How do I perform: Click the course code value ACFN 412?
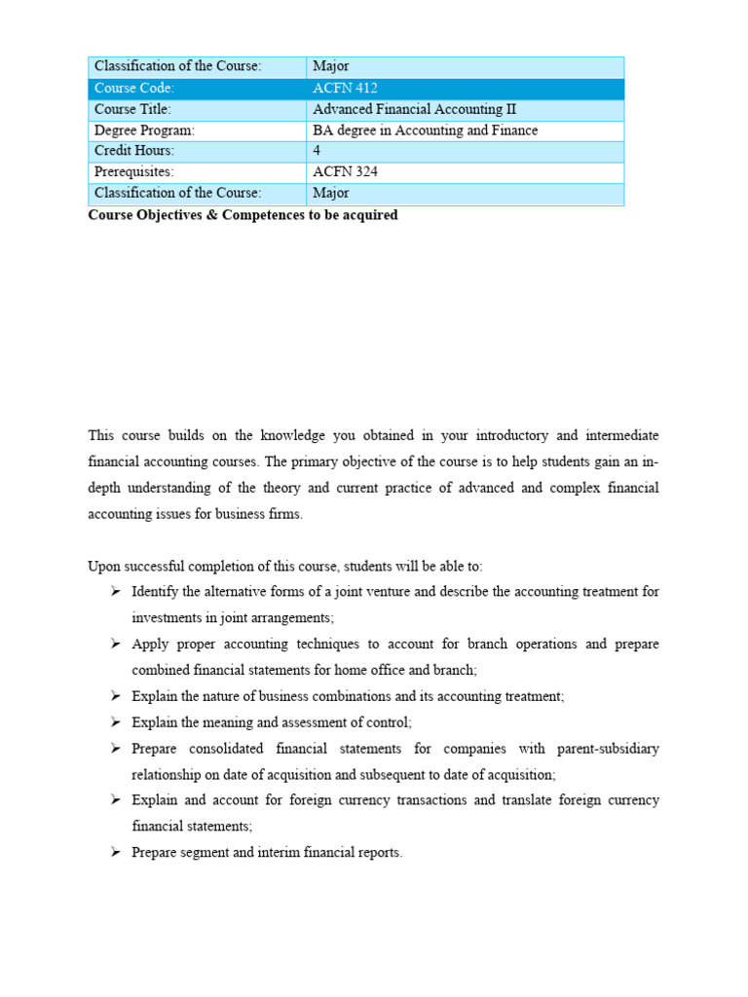pos(345,89)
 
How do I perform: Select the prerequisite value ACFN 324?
pos(345,172)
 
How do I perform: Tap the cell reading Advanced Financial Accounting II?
pos(408,109)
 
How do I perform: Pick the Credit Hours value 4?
pos(317,151)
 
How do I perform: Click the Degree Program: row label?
pos(144,130)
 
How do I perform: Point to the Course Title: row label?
pos(134,109)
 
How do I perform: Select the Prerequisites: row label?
pos(133,172)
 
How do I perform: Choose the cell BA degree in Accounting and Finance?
pos(425,130)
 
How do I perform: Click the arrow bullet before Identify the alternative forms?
pos(115,592)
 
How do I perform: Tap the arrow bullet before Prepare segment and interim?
pos(115,853)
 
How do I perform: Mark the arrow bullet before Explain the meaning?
pos(115,722)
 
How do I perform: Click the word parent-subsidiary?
pos(608,749)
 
